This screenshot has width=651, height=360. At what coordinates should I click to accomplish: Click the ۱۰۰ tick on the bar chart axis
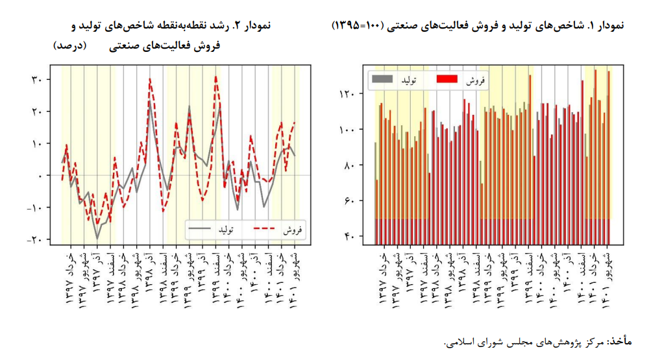(347, 130)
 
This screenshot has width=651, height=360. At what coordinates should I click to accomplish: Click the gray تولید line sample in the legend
(199, 230)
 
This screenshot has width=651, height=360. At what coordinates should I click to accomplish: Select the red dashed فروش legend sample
(264, 230)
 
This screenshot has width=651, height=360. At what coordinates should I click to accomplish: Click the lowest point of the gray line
(97, 238)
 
